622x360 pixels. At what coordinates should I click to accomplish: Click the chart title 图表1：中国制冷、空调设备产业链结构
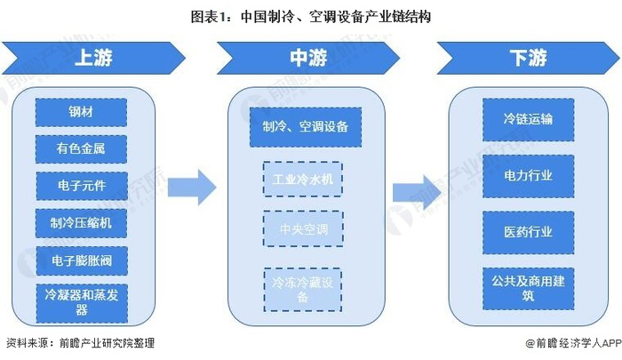pyautogui.click(x=311, y=17)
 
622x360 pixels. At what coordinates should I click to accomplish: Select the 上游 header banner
pyautogui.click(x=93, y=58)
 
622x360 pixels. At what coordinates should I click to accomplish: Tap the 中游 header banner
pyautogui.click(x=308, y=58)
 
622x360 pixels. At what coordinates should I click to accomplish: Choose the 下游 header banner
pyautogui.click(x=528, y=58)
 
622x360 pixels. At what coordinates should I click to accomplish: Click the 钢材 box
pyautogui.click(x=81, y=112)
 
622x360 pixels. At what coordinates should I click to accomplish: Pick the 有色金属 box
pyautogui.click(x=81, y=148)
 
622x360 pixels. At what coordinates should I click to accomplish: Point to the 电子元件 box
pyautogui.click(x=82, y=186)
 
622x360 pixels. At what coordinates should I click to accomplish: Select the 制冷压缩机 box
pyautogui.click(x=81, y=223)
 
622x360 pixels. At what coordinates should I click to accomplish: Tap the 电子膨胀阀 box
pyautogui.click(x=82, y=260)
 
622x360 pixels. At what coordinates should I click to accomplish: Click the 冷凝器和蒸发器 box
pyautogui.click(x=82, y=303)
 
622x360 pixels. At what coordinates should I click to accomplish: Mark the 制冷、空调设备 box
pyautogui.click(x=306, y=127)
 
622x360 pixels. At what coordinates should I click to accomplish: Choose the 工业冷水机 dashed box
pyautogui.click(x=303, y=179)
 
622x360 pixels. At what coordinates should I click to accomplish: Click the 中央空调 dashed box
pyautogui.click(x=303, y=229)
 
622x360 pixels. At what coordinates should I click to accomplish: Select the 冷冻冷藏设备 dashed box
pyautogui.click(x=303, y=290)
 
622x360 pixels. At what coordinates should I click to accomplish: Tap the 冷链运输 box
pyautogui.click(x=529, y=119)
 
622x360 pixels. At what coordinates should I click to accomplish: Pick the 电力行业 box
pyautogui.click(x=529, y=176)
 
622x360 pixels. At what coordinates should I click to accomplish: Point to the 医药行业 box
pyautogui.click(x=529, y=233)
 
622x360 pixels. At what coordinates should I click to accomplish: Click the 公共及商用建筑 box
pyautogui.click(x=529, y=289)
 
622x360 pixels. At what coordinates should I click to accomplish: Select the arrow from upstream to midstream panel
pyautogui.click(x=192, y=188)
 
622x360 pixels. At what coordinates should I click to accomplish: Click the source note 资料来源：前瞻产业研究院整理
pyautogui.click(x=81, y=343)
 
